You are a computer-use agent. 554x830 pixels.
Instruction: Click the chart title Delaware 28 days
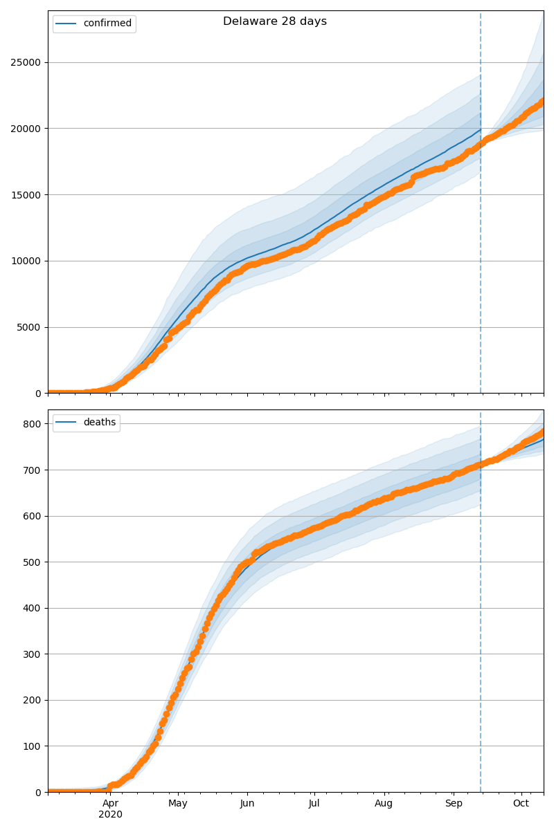275,21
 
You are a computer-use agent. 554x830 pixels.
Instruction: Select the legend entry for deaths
100,423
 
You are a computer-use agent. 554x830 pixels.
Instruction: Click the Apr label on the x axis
110,803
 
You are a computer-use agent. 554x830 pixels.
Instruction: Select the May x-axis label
178,803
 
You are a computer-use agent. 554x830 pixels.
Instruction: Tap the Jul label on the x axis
314,803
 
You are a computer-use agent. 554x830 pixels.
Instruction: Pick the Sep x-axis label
454,803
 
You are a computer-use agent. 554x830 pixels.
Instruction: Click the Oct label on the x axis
521,803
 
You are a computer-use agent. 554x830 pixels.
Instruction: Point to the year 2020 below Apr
110,814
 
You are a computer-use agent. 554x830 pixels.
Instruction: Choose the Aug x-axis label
384,803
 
